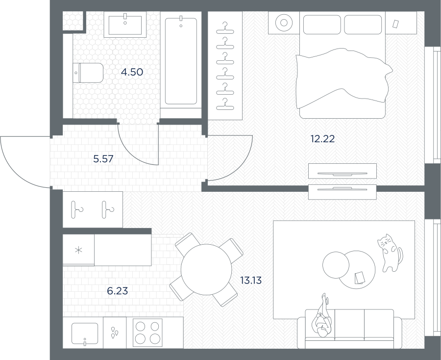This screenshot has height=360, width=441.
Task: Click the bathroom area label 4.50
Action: (x=132, y=72)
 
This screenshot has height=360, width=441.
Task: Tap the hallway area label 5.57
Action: (x=103, y=159)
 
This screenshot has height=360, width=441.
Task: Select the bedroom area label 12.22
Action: (x=322, y=139)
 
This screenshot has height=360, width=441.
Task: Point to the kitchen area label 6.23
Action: (x=117, y=291)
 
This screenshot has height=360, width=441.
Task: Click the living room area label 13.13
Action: (x=251, y=281)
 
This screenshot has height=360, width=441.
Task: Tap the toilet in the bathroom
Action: (x=88, y=73)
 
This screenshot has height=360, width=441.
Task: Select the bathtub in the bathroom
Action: (x=181, y=61)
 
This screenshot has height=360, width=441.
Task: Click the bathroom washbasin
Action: (x=125, y=25)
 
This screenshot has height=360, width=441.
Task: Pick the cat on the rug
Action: (x=390, y=253)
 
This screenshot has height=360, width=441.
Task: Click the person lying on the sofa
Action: (x=321, y=316)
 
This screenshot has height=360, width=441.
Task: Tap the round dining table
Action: (x=206, y=269)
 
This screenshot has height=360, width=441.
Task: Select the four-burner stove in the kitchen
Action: (x=147, y=332)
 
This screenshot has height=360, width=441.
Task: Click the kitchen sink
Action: (x=85, y=334)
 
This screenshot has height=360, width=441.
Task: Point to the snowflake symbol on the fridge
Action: (x=78, y=250)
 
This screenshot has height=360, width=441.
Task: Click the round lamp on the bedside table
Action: (x=284, y=23)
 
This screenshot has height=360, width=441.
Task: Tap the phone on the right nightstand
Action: (x=395, y=24)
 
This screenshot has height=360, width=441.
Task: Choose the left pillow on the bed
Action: (x=322, y=25)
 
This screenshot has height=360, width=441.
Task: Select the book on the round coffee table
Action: (x=360, y=278)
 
